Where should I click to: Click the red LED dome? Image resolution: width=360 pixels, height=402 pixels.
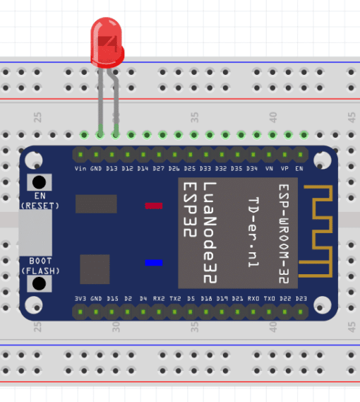107,42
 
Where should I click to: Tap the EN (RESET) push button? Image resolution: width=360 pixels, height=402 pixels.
40,182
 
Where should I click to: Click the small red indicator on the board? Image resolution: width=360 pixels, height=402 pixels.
153,206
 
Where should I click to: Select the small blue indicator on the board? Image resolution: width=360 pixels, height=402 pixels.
153,263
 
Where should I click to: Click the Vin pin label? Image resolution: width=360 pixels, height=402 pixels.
80,168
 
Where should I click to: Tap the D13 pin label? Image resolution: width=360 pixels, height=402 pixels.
112,168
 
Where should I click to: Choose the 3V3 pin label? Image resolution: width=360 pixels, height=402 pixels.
80,299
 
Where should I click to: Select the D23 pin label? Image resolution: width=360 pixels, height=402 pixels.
301,299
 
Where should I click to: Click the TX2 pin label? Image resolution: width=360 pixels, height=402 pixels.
175,299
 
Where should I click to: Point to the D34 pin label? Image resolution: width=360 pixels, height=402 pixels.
252,168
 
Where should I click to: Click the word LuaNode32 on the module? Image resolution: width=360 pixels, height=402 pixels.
210,232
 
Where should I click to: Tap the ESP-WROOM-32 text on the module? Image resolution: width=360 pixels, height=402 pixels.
284,234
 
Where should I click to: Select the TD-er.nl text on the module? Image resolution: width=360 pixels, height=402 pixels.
253,232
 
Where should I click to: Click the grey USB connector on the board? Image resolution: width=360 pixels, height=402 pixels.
35,232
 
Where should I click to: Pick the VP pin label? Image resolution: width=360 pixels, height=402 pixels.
284,168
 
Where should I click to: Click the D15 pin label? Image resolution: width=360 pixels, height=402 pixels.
112,299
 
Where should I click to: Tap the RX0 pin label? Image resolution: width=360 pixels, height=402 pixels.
253,299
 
